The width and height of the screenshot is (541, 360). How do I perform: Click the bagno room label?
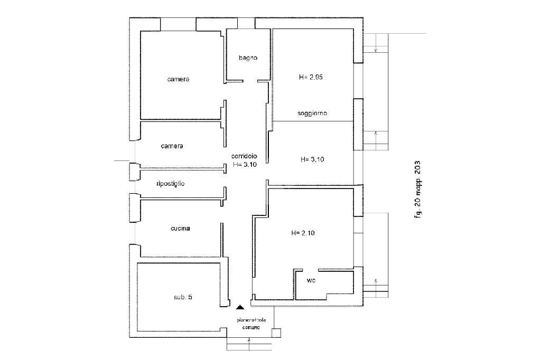(247, 58)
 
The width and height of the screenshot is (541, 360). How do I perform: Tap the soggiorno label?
(312, 113)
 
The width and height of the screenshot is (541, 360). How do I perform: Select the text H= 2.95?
(311, 77)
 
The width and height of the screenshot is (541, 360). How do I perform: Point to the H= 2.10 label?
(303, 233)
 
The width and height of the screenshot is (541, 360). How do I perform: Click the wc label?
(311, 280)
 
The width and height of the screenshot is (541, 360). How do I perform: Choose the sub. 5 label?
(183, 297)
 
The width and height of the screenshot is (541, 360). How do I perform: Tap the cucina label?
(180, 229)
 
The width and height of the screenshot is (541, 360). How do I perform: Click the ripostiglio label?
(171, 184)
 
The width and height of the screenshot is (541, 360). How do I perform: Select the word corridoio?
(244, 156)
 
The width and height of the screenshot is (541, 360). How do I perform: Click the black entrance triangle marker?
(240, 306)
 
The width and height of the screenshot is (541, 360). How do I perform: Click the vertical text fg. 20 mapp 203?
(418, 189)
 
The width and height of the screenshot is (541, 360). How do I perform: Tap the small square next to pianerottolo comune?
(276, 333)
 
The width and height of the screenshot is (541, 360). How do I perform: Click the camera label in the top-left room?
(178, 79)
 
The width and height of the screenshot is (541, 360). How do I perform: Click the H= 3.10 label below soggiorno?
(312, 159)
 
